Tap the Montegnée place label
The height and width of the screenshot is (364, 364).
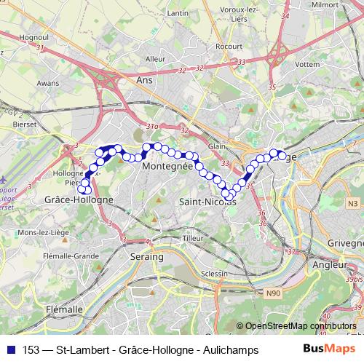167,166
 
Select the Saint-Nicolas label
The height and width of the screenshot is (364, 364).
207,201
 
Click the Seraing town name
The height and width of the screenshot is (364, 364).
146,257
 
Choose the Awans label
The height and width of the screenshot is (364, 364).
47,84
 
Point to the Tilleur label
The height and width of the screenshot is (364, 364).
192,238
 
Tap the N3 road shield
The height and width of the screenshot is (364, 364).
353,202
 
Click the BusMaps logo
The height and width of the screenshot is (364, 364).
328,349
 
